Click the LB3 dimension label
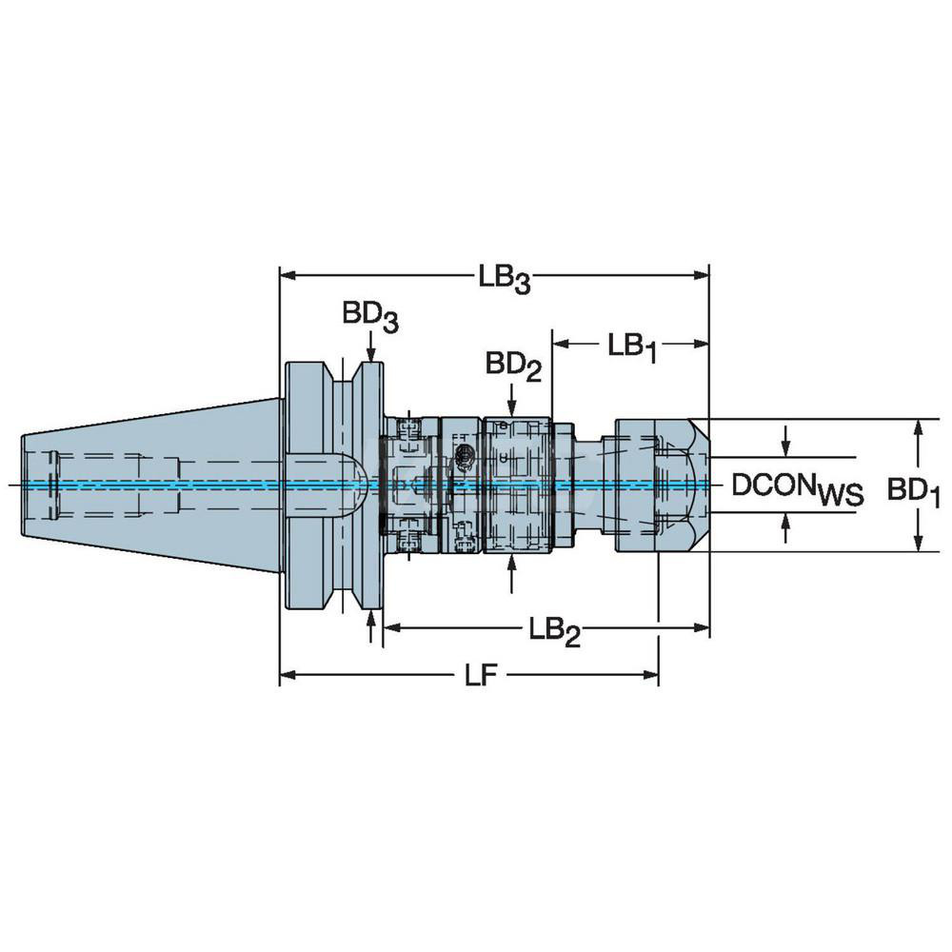pos(504,278)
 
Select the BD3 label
pos(370,316)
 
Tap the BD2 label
pos(513,366)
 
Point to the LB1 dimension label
pos(631,346)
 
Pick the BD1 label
pos(915,490)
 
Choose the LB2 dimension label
pos(555,630)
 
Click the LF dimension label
pos(482,676)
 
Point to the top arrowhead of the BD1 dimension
pos(918,426)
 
